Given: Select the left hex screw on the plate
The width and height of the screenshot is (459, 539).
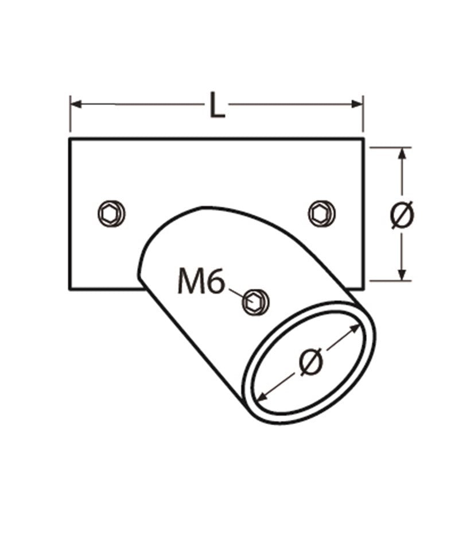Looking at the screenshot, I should (111, 214).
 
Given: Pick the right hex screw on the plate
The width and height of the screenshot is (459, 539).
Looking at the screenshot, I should (322, 213).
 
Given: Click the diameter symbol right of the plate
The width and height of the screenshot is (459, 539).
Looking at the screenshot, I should (402, 215).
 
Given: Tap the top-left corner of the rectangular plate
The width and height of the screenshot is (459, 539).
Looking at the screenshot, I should (70, 139).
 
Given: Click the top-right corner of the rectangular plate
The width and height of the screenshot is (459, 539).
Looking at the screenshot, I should (363, 139).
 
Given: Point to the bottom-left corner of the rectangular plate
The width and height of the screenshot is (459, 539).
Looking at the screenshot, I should (70, 289).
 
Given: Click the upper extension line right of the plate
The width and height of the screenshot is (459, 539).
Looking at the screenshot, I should (390, 147).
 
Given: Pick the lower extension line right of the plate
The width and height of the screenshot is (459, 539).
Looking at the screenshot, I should (390, 281).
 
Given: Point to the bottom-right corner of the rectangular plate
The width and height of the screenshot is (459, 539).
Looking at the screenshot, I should (363, 289).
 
